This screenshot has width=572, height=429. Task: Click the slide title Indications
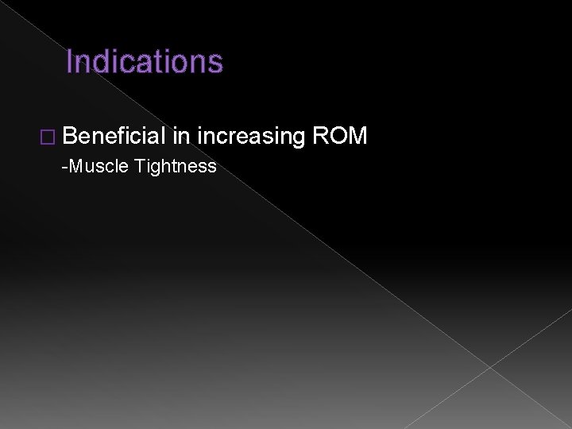point(145,61)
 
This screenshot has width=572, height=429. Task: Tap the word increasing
point(251,137)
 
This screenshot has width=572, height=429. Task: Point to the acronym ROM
point(340,137)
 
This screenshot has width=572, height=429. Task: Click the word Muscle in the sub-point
point(100,166)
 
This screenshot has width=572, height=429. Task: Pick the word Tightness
point(176,166)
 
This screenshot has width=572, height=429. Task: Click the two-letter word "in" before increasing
point(180,137)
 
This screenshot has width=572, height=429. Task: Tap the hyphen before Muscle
point(64,167)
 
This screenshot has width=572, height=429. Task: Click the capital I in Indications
point(69,61)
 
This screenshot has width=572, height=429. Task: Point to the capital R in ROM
point(321,137)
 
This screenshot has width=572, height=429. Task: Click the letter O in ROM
point(338,137)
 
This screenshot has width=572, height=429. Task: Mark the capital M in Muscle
point(75,166)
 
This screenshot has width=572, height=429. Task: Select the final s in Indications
point(217,62)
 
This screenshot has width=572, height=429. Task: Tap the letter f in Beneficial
point(122,137)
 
